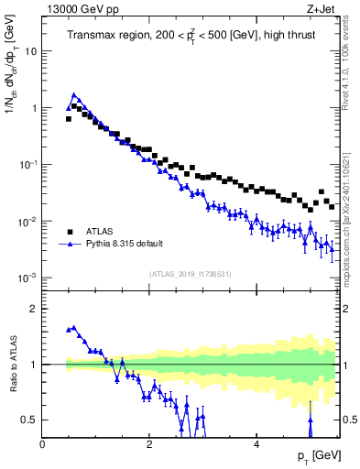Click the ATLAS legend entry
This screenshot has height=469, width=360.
pyautogui.click(x=101, y=232)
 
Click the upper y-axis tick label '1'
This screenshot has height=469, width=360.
pyautogui.click(x=34, y=108)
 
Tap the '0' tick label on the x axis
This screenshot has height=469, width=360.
pyautogui.click(x=43, y=445)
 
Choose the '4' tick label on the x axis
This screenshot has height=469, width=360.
pyautogui.click(x=256, y=445)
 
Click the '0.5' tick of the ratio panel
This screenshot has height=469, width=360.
pyautogui.click(x=30, y=420)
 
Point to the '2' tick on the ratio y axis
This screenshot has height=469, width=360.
pyautogui.click(x=34, y=309)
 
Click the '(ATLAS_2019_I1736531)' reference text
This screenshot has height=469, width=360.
pyautogui.click(x=191, y=274)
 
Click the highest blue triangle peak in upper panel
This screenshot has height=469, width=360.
pyautogui.click(x=73, y=94)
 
